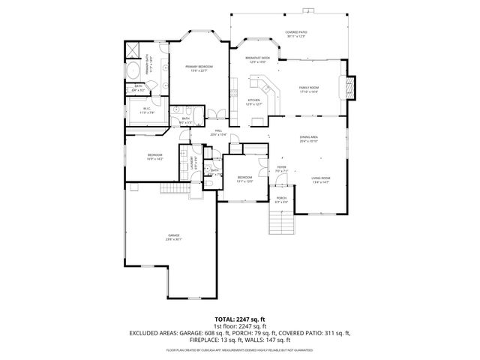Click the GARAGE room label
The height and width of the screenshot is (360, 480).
click(x=174, y=236)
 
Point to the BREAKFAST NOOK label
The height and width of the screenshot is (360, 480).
click(x=257, y=59)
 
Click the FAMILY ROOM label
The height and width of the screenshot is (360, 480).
click(x=309, y=88)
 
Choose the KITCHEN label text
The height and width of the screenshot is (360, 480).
click(x=254, y=101)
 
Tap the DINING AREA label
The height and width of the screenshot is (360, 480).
click(x=309, y=138)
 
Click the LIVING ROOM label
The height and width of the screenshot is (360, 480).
click(x=320, y=178)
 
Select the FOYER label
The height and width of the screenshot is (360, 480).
click(x=281, y=168)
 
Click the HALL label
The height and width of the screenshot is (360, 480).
click(x=218, y=132)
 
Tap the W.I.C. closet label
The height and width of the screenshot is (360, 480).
click(x=148, y=110)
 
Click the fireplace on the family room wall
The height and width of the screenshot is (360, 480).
click(x=350, y=88)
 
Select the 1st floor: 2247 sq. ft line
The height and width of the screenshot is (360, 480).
click(x=239, y=325)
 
